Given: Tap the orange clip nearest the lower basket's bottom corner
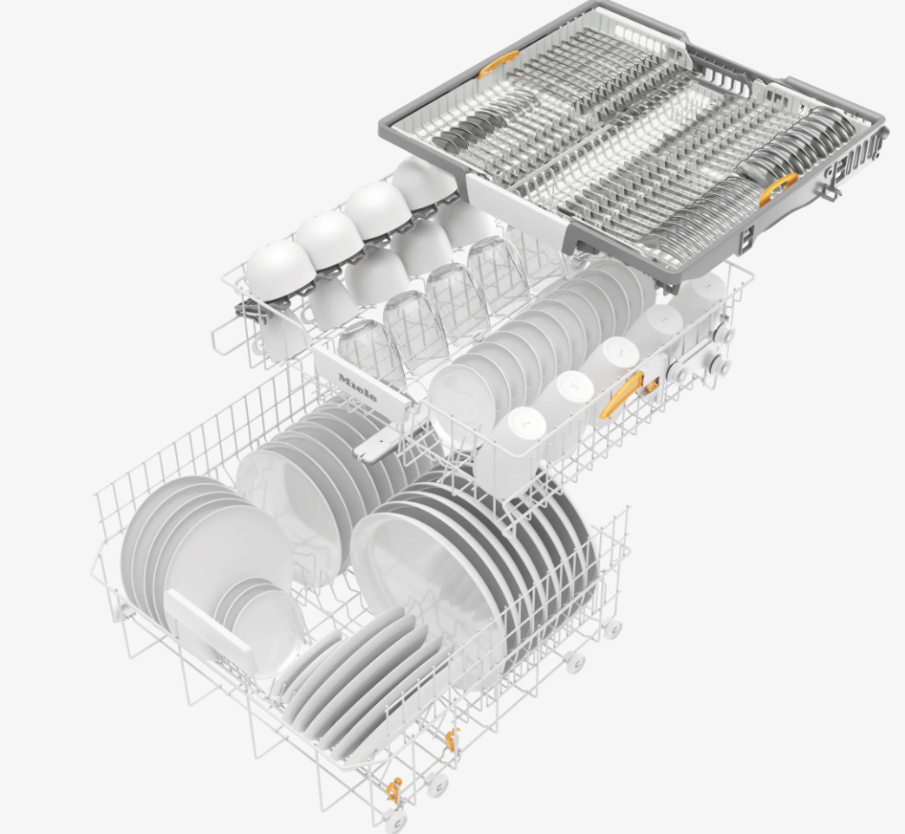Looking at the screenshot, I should pos(393,790).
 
